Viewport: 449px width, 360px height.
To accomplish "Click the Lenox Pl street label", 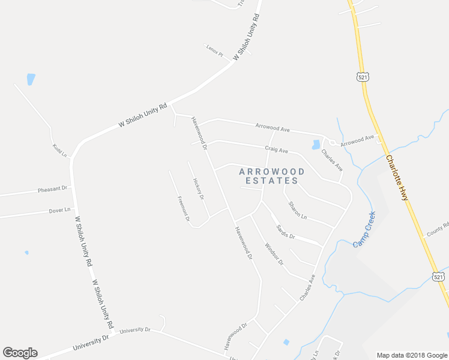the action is coord(214,50).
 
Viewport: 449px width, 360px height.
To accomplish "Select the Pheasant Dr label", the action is coord(53,188).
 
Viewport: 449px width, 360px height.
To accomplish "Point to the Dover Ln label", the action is coord(59,211).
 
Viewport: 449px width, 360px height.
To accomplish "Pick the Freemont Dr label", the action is coord(184,209).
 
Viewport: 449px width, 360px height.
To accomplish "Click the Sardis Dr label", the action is coord(285,232).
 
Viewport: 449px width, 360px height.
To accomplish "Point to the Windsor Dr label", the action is coord(273,254).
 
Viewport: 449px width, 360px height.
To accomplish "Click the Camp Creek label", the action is coord(364,229).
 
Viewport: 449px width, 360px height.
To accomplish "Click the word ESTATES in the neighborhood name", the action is coord(272,181).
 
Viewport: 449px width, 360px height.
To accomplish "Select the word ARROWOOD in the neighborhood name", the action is coord(272,172).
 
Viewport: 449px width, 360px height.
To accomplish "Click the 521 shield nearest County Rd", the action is coord(439,275).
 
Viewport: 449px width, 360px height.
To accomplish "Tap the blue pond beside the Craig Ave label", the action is coord(316,145).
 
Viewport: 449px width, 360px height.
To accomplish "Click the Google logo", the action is coord(20,353).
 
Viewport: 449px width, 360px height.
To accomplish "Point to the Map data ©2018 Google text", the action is coord(411,355).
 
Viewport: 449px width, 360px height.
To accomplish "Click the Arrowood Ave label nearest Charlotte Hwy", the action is coord(357,140).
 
